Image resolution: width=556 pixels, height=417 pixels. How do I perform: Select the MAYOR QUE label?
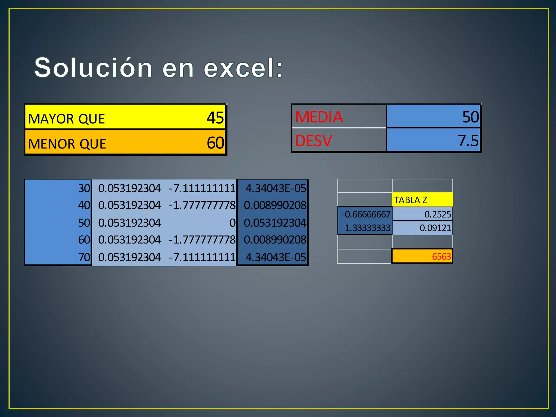point(67,119)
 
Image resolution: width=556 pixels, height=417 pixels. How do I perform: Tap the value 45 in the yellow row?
point(215,118)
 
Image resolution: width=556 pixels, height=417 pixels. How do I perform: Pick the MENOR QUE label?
point(67,144)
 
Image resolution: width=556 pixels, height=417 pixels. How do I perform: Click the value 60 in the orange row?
point(215,143)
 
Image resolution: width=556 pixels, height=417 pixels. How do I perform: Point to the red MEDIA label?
point(319,117)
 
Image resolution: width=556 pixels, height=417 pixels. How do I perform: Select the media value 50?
point(470,117)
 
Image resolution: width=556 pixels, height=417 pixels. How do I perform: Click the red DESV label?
point(314,141)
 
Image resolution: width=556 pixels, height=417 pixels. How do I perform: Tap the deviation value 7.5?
point(468,141)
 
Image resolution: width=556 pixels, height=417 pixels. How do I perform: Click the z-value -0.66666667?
point(366,214)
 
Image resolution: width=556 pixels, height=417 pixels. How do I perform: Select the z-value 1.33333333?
point(367,228)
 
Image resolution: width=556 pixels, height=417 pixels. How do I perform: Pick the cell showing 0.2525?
point(437,214)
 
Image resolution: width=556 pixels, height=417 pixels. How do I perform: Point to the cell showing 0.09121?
point(435,228)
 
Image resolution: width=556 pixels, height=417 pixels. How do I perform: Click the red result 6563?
point(441,256)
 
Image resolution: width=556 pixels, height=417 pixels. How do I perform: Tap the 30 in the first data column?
point(84,188)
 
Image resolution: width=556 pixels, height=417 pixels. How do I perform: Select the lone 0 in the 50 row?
point(232,223)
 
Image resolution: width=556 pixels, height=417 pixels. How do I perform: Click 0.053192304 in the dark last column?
point(275,223)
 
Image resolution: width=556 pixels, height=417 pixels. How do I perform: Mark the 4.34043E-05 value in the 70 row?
point(276,257)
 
